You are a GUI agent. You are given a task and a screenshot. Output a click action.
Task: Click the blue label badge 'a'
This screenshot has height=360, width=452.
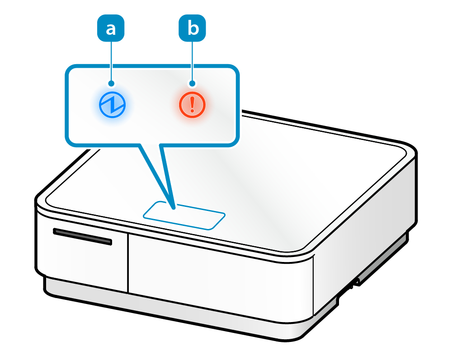tap(111, 28)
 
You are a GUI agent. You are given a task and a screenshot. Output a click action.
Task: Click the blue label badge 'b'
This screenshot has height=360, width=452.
tap(192, 28)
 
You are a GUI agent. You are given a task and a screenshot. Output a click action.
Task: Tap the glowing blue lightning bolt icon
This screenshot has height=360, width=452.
tap(112, 104)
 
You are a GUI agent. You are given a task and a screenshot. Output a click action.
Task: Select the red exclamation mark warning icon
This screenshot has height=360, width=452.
tap(192, 104)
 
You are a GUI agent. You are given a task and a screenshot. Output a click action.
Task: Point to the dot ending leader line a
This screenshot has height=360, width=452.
tap(111, 84)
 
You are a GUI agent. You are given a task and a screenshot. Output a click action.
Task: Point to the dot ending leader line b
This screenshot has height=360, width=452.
tap(192, 84)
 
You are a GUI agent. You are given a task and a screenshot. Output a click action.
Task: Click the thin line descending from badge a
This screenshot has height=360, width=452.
tap(111, 61)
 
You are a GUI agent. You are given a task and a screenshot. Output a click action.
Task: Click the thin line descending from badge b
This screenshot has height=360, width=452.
tap(192, 61)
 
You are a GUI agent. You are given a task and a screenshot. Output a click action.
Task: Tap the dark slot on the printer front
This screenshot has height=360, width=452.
tap(82, 236)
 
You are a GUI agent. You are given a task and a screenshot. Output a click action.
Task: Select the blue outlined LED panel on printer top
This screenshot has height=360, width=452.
tap(184, 215)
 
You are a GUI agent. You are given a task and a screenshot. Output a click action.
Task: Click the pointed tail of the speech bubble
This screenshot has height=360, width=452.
tap(173, 207)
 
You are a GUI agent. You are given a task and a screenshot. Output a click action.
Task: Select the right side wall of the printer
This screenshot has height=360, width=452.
tap(365, 236)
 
